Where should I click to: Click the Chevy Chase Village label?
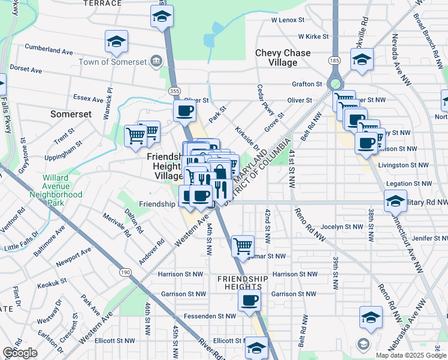[x=283, y=58]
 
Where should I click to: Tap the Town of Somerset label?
[x=113, y=61]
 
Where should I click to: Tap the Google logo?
[x=20, y=353]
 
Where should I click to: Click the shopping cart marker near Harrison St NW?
[x=243, y=245]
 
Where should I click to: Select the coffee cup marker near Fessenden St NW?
[x=249, y=300]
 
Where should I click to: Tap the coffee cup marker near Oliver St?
[x=184, y=110]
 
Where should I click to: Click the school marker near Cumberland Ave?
[x=116, y=41]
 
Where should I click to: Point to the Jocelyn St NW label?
[x=342, y=227]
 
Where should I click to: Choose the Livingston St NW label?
[x=407, y=164]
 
